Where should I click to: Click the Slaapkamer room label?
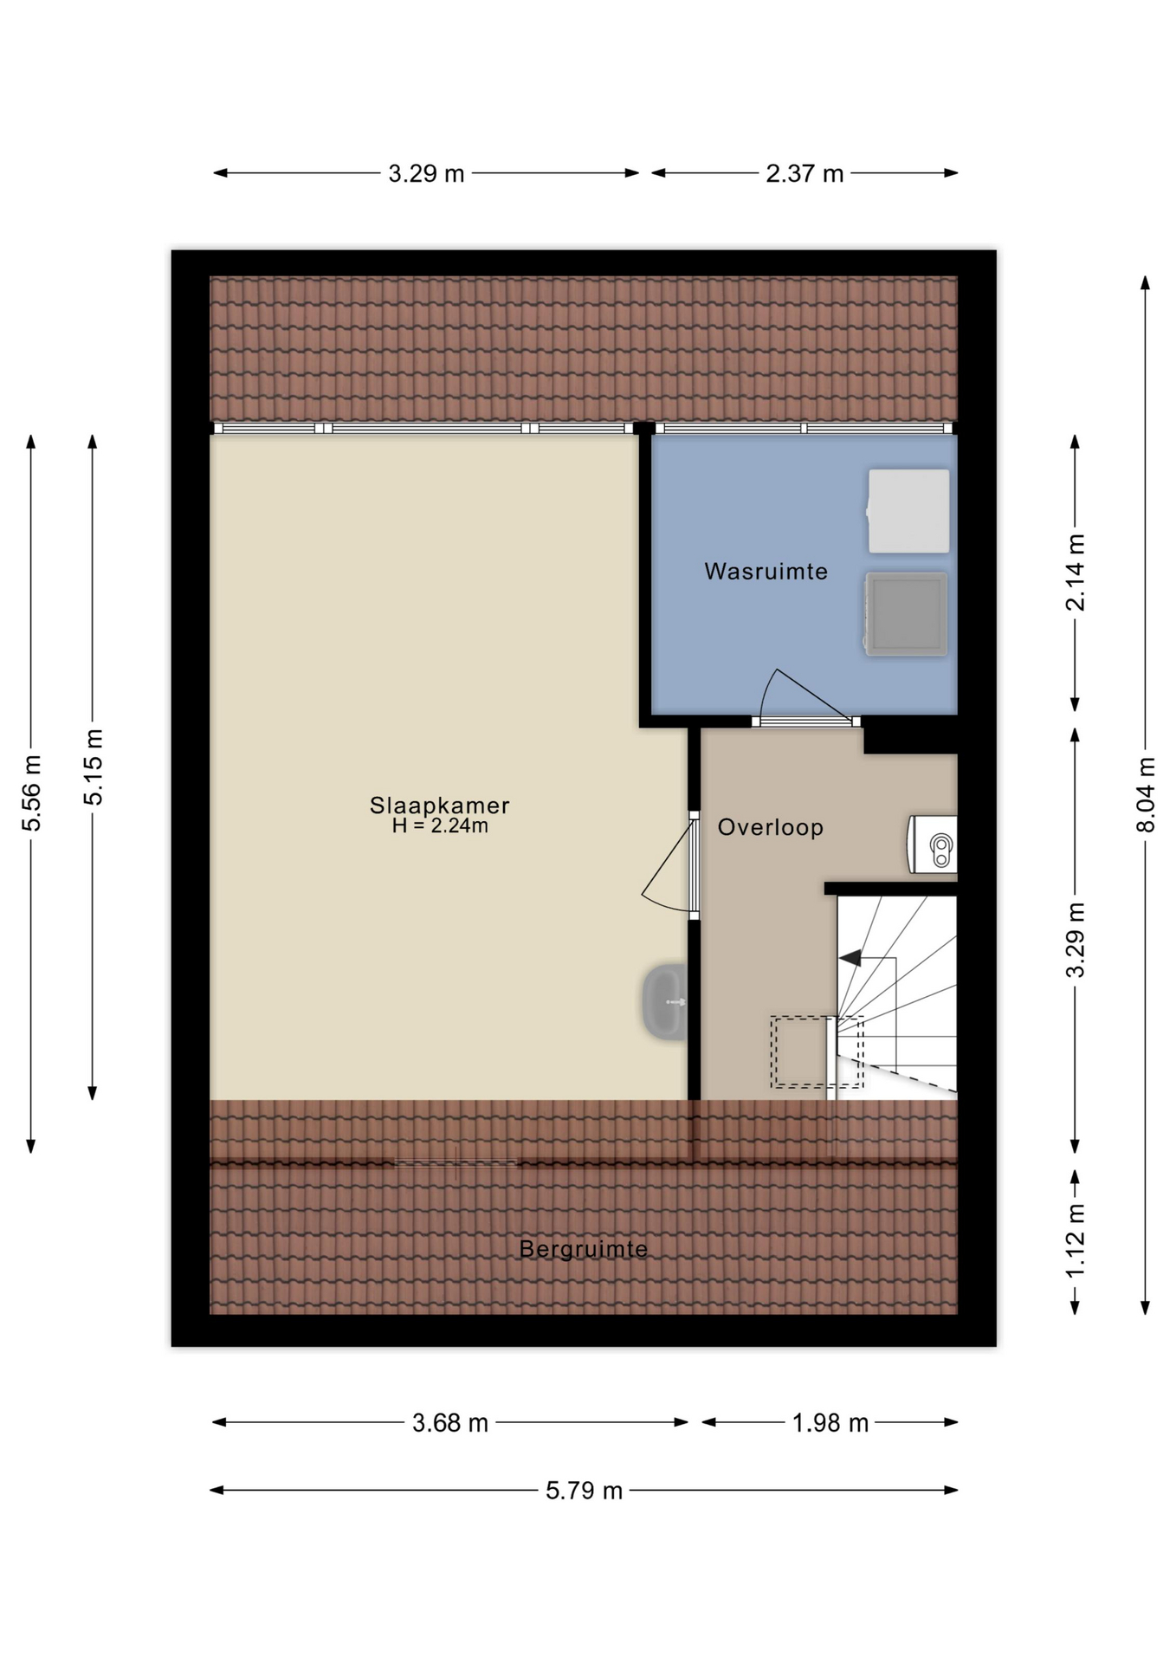pyautogui.click(x=439, y=806)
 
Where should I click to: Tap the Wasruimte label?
pyautogui.click(x=766, y=572)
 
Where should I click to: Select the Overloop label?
pyautogui.click(x=771, y=828)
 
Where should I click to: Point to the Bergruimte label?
pyautogui.click(x=584, y=1249)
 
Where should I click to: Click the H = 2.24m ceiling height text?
pyautogui.click(x=440, y=826)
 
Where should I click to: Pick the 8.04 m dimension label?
pyautogui.click(x=1146, y=795)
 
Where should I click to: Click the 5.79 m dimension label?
pyautogui.click(x=585, y=1491)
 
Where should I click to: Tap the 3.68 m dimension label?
pyautogui.click(x=450, y=1423)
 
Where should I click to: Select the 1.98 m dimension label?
pyautogui.click(x=830, y=1423)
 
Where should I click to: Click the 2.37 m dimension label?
pyautogui.click(x=804, y=174)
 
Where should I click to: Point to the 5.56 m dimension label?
pyautogui.click(x=32, y=793)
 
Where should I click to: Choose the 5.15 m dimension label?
pyautogui.click(x=94, y=767)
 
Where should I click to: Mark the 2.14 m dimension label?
pyautogui.click(x=1075, y=573)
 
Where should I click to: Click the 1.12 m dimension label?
pyautogui.click(x=1075, y=1241)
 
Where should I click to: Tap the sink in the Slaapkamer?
pyautogui.click(x=664, y=1001)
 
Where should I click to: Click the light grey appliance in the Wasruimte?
pyautogui.click(x=908, y=511)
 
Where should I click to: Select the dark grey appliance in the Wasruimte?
pyautogui.click(x=905, y=613)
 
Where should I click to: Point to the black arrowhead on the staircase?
pyautogui.click(x=850, y=958)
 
